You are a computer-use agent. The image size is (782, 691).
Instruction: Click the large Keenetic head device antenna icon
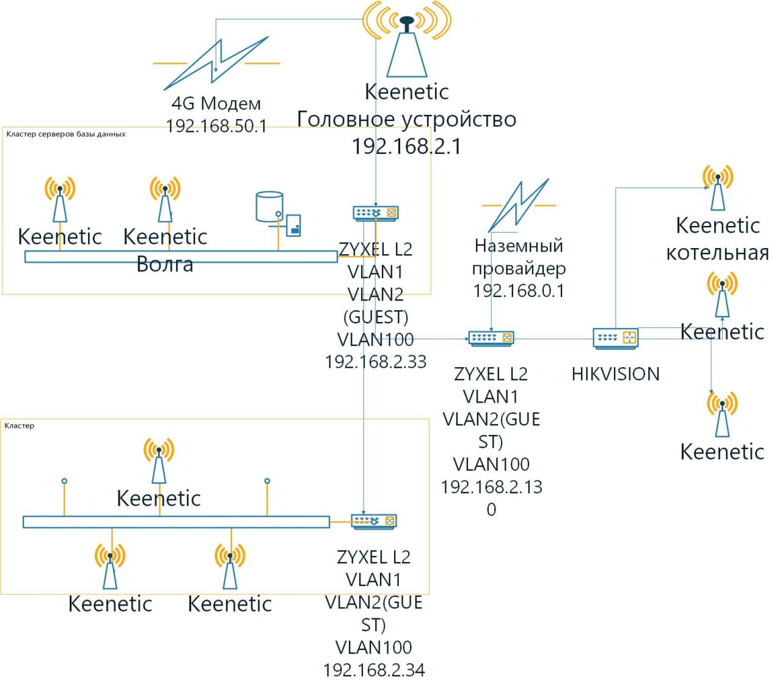406,40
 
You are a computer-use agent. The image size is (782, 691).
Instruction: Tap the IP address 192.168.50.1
216,126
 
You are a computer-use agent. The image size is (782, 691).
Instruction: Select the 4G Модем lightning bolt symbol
216,63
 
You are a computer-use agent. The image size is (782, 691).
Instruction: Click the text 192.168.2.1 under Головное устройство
406,147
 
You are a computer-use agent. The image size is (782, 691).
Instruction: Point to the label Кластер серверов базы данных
65,134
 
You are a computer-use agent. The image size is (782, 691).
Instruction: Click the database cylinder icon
269,207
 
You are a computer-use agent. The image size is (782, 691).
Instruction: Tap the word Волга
165,265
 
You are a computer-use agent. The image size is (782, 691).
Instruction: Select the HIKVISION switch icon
615,338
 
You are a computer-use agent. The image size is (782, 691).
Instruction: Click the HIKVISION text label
615,374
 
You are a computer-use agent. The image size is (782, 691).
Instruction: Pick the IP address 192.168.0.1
519,291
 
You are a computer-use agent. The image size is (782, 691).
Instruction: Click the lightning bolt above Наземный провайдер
518,205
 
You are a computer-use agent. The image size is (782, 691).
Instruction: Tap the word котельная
717,253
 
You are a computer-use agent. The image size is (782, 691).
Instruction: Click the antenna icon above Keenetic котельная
717,187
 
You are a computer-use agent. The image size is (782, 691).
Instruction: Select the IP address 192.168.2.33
376,362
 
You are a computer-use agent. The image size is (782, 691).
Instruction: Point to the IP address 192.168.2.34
374,670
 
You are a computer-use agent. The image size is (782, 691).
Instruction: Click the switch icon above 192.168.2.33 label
376,213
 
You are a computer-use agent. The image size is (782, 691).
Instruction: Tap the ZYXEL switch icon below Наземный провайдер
491,338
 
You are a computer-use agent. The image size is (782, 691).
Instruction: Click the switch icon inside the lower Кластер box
374,521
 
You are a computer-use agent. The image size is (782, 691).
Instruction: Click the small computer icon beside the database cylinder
293,225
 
